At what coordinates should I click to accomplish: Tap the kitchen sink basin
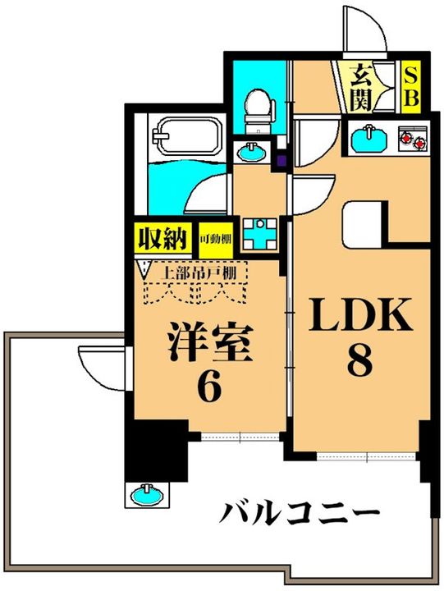click(369, 137)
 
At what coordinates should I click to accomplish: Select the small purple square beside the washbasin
click(282, 160)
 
